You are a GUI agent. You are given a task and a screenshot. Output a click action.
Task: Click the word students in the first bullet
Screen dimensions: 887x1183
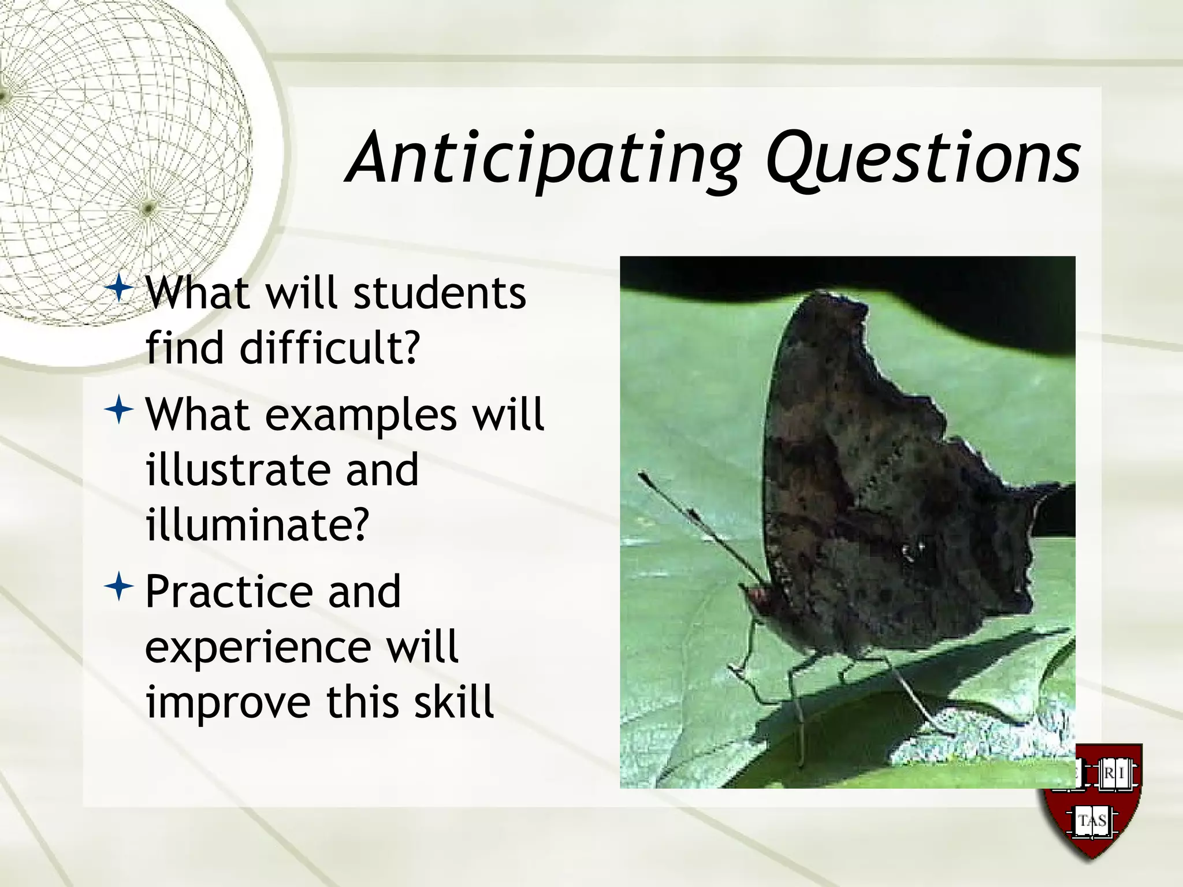439,293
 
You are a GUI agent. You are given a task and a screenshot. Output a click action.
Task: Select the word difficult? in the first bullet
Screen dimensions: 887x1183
329,349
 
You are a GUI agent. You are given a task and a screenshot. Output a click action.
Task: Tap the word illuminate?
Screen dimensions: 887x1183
256,524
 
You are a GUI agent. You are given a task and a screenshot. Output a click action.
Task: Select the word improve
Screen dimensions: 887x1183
228,702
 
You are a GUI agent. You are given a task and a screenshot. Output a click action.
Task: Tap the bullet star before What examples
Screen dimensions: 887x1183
120,410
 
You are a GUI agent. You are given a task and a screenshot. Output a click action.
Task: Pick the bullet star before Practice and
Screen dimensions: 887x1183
120,587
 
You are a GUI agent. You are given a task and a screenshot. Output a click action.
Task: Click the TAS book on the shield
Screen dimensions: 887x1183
1092,821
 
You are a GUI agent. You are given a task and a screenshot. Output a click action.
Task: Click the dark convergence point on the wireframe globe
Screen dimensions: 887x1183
148,207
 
